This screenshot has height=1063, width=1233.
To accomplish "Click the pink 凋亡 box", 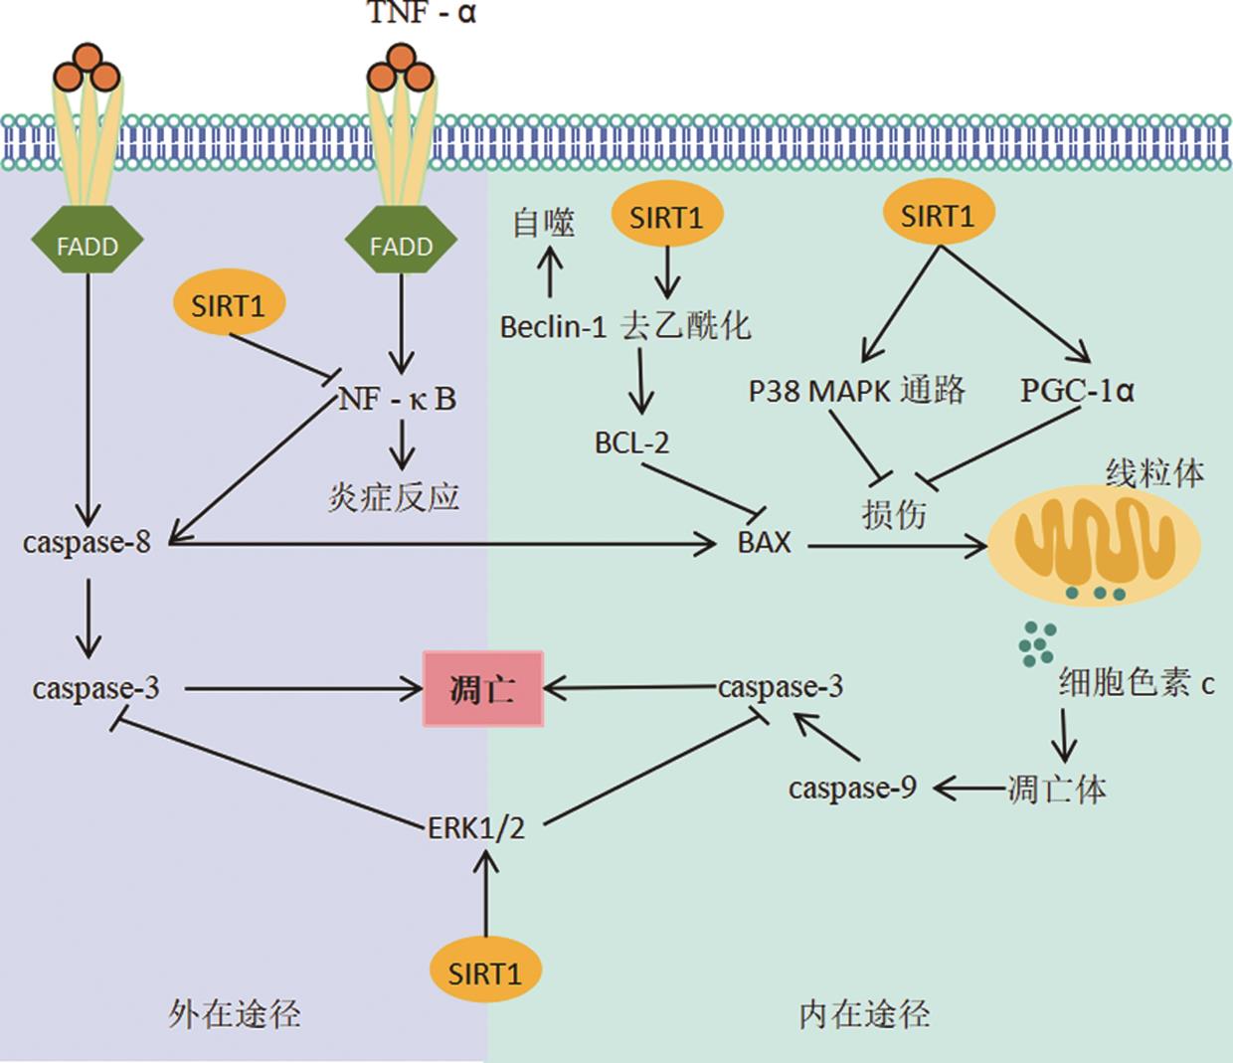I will click(x=483, y=688).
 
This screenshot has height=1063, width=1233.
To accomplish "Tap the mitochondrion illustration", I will click(x=1093, y=544).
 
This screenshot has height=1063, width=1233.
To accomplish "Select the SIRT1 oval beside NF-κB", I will click(x=229, y=305).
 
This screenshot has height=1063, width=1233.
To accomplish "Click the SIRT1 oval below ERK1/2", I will click(x=485, y=972).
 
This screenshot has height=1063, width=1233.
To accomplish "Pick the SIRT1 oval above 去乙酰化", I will click(x=665, y=216).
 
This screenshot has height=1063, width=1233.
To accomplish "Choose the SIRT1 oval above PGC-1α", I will click(x=938, y=215).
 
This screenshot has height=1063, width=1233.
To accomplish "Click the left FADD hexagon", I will click(x=88, y=245).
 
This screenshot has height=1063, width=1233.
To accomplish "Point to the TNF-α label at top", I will click(x=422, y=13).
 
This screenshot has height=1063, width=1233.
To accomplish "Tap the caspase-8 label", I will click(x=87, y=543).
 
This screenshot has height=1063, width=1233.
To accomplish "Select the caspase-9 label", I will click(x=852, y=789).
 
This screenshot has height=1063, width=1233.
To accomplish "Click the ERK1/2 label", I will click(x=475, y=827).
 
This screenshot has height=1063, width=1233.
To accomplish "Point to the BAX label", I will click(x=764, y=543).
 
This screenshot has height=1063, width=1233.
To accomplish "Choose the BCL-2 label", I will click(x=632, y=442).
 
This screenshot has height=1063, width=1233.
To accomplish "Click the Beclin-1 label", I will click(x=553, y=326).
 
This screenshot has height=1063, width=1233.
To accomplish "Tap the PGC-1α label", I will click(x=1077, y=390).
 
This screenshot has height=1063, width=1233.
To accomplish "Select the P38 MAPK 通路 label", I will click(x=856, y=390).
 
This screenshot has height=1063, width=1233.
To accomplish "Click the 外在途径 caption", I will click(x=235, y=1013).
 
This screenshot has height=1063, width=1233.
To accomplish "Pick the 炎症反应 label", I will click(x=394, y=495).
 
